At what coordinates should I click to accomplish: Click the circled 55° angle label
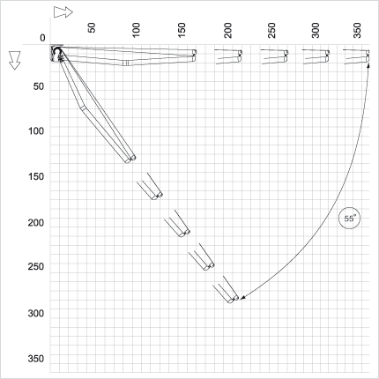click(x=349, y=219)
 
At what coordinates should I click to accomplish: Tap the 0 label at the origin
click(x=43, y=38)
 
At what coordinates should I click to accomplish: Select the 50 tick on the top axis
click(x=92, y=28)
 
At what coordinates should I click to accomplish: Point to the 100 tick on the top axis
click(x=137, y=30)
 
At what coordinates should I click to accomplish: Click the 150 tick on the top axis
click(x=182, y=30)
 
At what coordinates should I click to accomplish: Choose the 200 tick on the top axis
click(x=227, y=30)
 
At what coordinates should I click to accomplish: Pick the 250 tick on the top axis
click(x=272, y=30)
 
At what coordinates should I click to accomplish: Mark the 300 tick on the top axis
click(x=316, y=30)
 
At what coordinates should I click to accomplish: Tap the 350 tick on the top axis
click(x=357, y=30)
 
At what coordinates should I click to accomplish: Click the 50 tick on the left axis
click(x=39, y=86)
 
